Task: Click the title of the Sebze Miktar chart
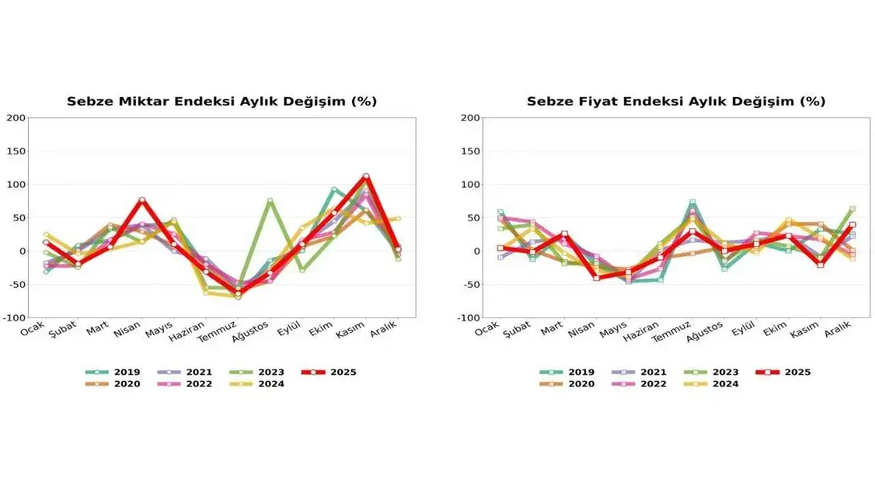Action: (221, 102)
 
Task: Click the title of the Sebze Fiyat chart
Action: (675, 102)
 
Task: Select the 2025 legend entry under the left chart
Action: (329, 372)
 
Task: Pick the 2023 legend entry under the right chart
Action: (712, 372)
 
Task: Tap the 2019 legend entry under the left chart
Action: (113, 372)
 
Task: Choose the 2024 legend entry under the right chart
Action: (712, 384)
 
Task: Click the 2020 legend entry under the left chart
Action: (113, 384)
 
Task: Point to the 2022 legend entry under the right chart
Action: (639, 384)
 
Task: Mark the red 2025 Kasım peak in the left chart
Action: (366, 176)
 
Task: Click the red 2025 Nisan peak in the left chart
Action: (142, 200)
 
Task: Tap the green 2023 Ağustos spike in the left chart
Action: (270, 201)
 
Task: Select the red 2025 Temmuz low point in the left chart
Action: (238, 292)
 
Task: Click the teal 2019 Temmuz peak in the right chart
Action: (692, 202)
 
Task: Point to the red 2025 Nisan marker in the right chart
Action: (596, 278)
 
